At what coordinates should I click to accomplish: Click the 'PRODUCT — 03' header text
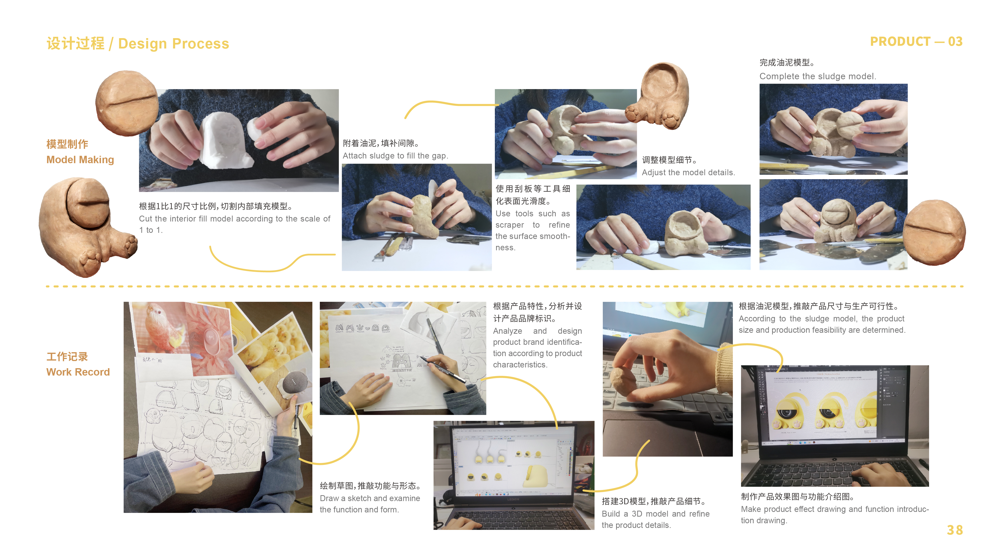[916, 41]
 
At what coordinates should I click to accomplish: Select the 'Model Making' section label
[80, 159]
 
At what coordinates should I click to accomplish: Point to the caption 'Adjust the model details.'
[688, 173]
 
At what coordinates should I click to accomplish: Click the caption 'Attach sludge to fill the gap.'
[395, 156]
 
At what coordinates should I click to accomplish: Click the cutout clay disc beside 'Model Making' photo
[127, 103]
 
